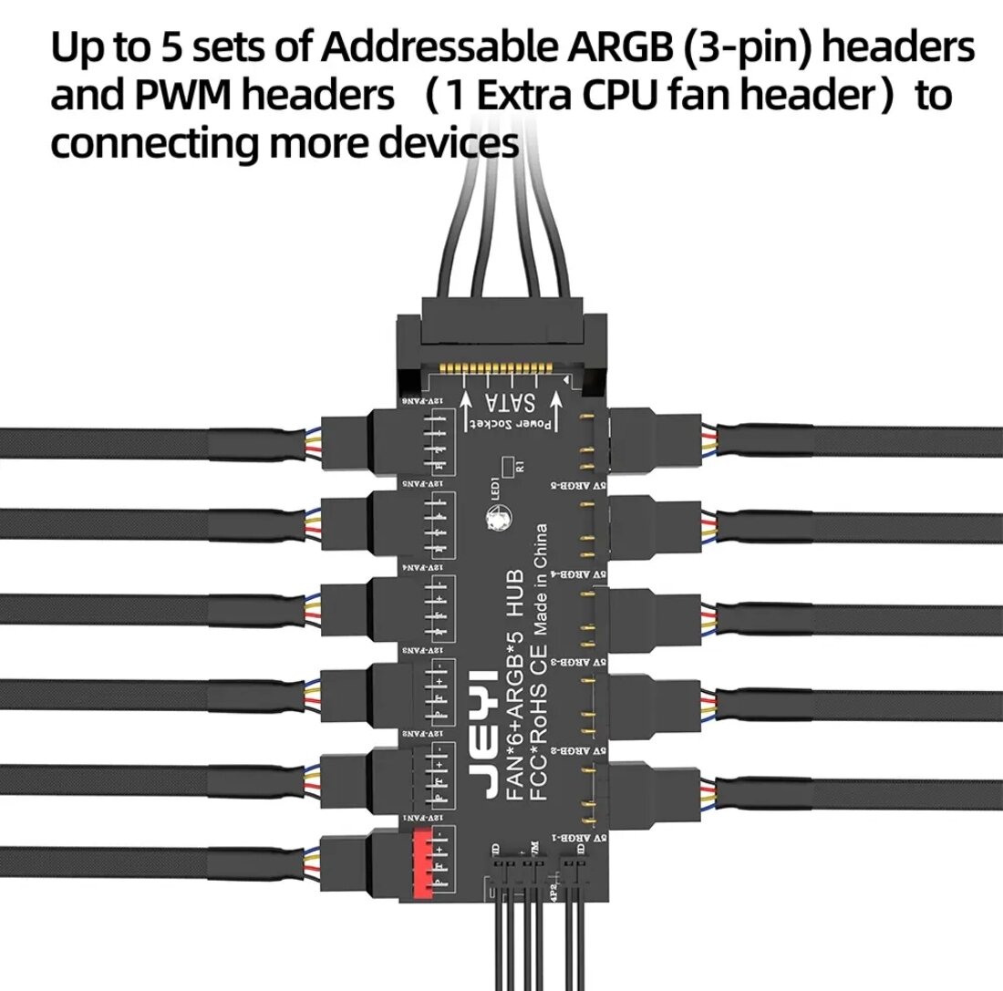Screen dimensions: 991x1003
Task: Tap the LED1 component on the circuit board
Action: pos(499,521)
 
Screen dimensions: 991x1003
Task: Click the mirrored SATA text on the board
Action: pos(511,403)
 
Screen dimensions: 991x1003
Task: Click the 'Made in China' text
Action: pos(542,580)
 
